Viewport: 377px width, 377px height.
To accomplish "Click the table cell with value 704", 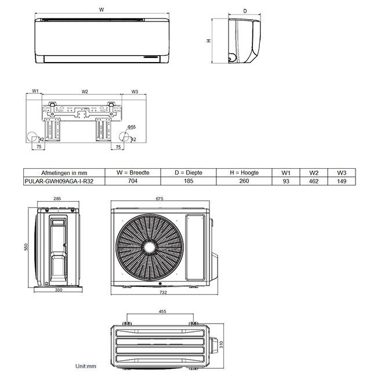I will (x=133, y=181).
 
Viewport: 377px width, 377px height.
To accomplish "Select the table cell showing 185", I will (x=188, y=181).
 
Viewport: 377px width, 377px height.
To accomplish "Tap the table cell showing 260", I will (x=244, y=181).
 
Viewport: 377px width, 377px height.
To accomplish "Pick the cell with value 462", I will (x=314, y=181).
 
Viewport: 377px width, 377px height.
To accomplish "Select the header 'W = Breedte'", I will (x=133, y=173).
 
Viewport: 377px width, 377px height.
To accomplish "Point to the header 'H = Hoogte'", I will (x=244, y=173).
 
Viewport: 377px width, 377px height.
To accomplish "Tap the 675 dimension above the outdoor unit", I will (x=159, y=199).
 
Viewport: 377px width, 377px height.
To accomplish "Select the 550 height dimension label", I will (x=26, y=246).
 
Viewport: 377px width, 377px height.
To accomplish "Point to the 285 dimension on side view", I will (x=57, y=199).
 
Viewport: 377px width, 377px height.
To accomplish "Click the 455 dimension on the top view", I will (x=162, y=311).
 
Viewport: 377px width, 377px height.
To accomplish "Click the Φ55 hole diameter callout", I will (x=132, y=126).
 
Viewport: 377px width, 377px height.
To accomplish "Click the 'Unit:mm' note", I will (x=85, y=367).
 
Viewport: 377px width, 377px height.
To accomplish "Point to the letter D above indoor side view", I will (x=245, y=11).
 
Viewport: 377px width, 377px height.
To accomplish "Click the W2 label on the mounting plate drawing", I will (x=85, y=92).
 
